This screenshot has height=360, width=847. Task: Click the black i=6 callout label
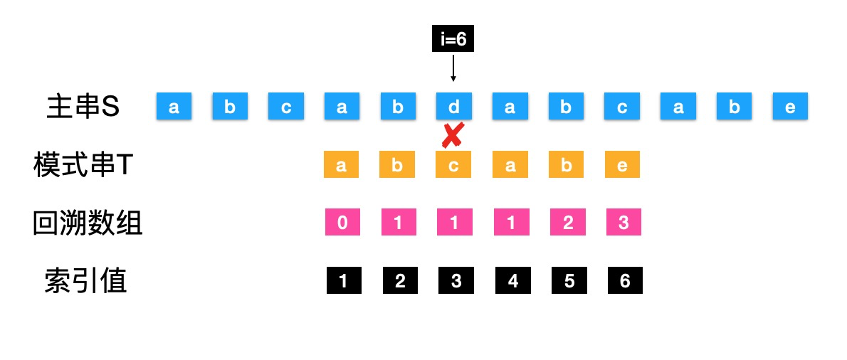pos(453,40)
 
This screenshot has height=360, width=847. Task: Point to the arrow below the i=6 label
pos(453,69)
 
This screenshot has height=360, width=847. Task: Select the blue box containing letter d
pos(453,107)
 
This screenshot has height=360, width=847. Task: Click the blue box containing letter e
pos(790,107)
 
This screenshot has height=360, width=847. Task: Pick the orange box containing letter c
pos(453,164)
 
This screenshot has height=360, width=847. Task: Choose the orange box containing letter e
pos(623,164)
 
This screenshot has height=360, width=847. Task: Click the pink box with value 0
pos(342,223)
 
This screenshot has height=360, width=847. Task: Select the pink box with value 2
pos(567,223)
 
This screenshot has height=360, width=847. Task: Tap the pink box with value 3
pos(624,223)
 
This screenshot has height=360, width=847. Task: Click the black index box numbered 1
pos(344,281)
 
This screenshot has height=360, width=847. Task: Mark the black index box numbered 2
pos(400,281)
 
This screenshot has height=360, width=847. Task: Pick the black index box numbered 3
pos(456,281)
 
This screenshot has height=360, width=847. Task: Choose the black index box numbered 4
pos(512,281)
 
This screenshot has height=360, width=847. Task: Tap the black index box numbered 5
pos(569,281)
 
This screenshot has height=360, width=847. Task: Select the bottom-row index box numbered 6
pos(625,281)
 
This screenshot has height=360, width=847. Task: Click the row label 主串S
pos(83,107)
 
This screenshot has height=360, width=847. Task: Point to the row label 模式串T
pos(83,165)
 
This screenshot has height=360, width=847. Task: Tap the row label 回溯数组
pos(88,223)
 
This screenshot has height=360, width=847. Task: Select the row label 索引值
pos(85,281)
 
